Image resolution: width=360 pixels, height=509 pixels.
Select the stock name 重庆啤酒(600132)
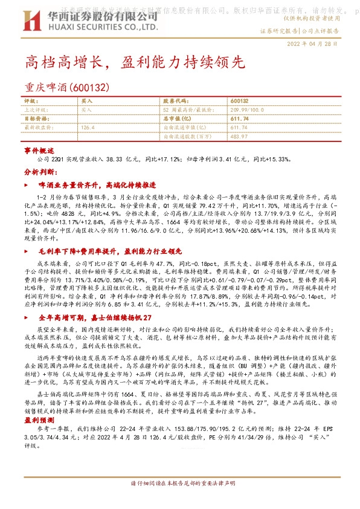pos(66,87)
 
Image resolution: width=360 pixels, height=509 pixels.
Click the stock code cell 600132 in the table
pos(239,101)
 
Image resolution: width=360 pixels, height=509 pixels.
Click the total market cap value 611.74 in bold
pos(240,118)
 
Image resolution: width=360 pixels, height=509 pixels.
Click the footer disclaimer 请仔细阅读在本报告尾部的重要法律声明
pos(179,501)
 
